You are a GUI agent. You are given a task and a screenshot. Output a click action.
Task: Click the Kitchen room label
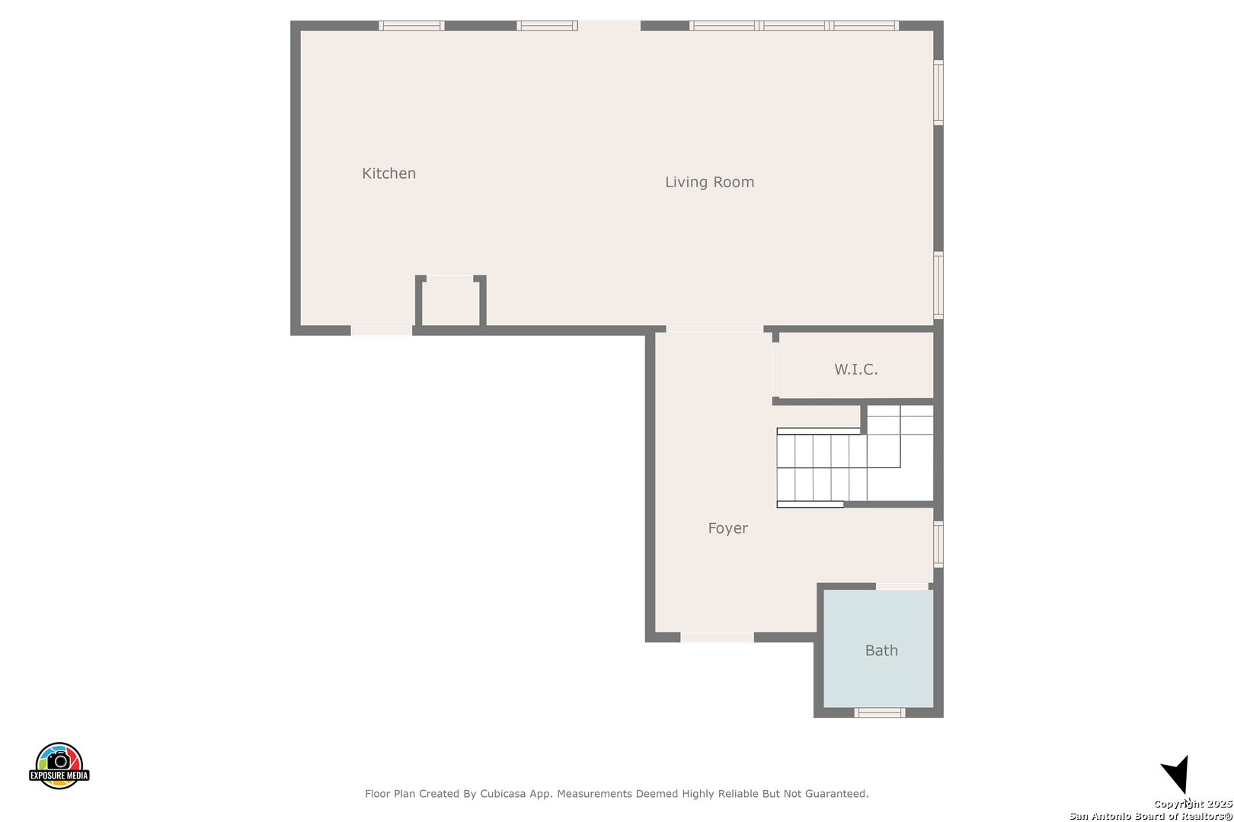point(389,174)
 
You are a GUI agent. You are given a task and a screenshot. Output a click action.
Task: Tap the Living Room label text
point(710,182)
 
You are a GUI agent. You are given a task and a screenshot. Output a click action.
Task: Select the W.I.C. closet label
point(856,369)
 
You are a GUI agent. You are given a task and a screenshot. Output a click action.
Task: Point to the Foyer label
point(727,528)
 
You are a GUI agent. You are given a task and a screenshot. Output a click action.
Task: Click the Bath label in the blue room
point(881,651)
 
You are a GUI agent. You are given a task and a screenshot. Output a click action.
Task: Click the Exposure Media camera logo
point(59,766)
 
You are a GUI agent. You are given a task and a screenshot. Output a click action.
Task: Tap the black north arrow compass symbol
point(1177,774)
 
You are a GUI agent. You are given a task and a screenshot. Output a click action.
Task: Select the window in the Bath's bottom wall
point(879,713)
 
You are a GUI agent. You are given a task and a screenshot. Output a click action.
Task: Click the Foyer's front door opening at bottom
point(718,638)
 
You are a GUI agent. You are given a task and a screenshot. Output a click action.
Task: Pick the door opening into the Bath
point(902,587)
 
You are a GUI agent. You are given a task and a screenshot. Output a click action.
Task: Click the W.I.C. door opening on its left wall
point(775,369)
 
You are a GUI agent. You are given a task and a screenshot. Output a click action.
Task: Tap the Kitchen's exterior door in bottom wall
point(381,330)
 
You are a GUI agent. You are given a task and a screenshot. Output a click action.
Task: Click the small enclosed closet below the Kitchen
point(451,304)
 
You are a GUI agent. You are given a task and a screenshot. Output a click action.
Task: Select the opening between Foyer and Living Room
point(715,330)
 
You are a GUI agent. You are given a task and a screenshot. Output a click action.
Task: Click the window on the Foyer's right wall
point(938,544)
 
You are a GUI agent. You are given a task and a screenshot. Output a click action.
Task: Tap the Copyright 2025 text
point(1193,804)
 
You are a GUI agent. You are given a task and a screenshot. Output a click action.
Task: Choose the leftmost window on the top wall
point(411,26)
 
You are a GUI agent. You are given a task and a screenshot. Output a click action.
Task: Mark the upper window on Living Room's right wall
point(938,93)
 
